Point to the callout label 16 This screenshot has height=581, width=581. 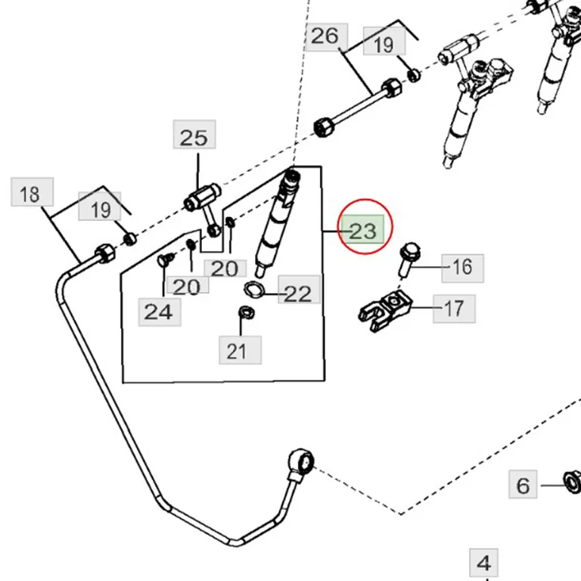(x=462, y=269)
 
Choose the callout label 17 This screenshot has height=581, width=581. (x=454, y=309)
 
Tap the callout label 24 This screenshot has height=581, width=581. (x=160, y=312)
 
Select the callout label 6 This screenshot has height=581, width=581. (x=523, y=484)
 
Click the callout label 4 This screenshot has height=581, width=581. (x=483, y=563)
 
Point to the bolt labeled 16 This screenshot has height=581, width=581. (x=408, y=259)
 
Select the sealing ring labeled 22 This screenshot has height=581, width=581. (x=254, y=289)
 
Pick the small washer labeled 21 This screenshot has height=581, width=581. (x=246, y=312)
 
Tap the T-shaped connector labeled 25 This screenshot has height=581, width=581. (x=204, y=207)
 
